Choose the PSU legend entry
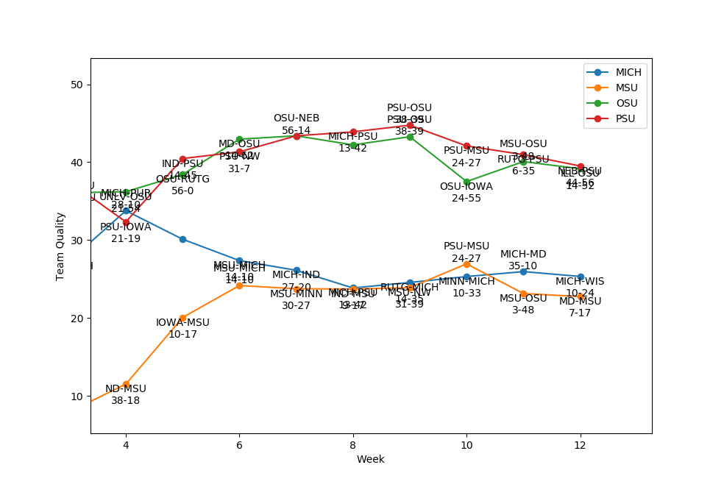626,118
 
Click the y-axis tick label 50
77,85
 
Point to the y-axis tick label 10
77,396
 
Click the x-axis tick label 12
580,445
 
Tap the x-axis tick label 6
239,445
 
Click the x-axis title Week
370,460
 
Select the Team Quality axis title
60,246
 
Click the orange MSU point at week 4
126,384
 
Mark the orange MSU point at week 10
466,263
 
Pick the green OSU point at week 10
466,182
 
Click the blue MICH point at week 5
182,239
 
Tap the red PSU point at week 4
126,222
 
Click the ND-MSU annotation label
126,389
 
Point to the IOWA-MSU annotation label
182,323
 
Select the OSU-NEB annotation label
297,118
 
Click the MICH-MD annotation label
523,255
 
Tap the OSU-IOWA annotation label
466,187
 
